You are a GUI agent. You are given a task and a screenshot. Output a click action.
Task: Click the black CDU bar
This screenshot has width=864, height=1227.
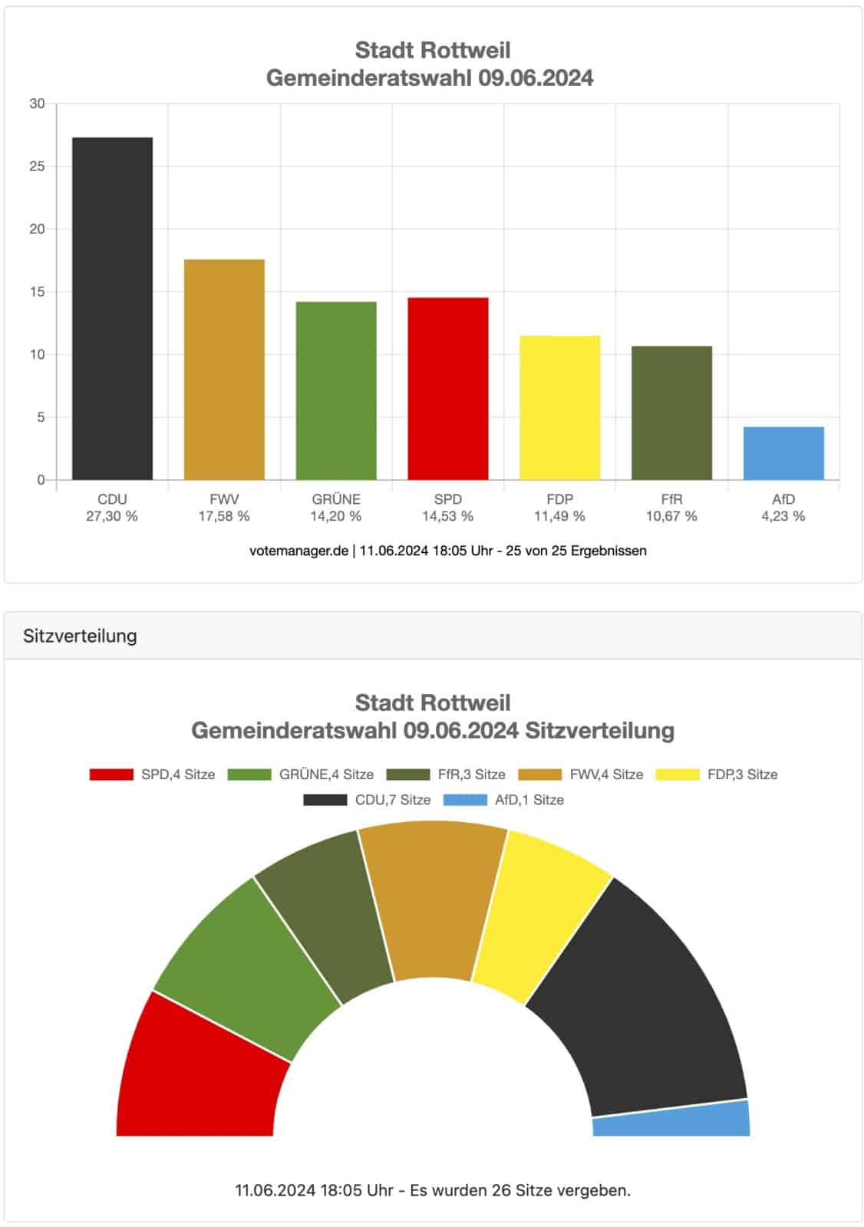[x=112, y=308]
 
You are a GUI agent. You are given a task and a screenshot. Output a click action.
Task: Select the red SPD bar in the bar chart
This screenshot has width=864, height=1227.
[x=447, y=389]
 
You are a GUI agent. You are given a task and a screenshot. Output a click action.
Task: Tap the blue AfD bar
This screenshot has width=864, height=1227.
[x=783, y=453]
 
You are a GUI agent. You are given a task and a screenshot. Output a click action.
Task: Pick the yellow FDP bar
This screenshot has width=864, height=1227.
[x=559, y=408]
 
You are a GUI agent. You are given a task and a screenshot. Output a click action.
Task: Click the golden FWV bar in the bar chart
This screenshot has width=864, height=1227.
[x=224, y=370]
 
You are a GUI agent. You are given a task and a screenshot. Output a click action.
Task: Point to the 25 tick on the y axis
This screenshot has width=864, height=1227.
[x=37, y=166]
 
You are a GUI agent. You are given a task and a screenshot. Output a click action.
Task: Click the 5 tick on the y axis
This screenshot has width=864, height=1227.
[x=41, y=417]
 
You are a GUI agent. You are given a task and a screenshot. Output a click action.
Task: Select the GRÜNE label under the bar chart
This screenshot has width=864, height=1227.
[x=335, y=499]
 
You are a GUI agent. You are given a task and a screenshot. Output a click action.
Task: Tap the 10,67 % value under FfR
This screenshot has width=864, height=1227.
[x=671, y=516]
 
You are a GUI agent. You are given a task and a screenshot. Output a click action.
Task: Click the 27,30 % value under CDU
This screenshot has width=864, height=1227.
[x=112, y=516]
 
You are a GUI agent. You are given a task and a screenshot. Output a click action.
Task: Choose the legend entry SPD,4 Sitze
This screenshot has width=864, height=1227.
[x=153, y=775]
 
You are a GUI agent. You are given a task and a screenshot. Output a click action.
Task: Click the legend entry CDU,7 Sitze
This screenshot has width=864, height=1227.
[x=367, y=800]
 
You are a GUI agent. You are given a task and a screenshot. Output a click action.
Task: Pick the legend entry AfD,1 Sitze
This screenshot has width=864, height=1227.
[x=503, y=800]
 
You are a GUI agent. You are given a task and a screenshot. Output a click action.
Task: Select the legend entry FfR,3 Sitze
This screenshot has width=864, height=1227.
[x=446, y=775]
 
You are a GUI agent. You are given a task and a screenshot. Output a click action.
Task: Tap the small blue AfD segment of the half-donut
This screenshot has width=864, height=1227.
[x=672, y=1120]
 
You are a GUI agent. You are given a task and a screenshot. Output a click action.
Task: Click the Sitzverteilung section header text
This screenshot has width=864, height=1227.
[x=80, y=636]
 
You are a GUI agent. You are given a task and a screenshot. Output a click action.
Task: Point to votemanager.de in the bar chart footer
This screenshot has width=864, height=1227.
[x=298, y=551]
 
